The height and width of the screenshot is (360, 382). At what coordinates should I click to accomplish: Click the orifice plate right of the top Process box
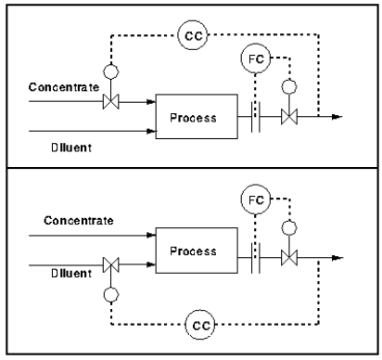pyautogui.click(x=254, y=117)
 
